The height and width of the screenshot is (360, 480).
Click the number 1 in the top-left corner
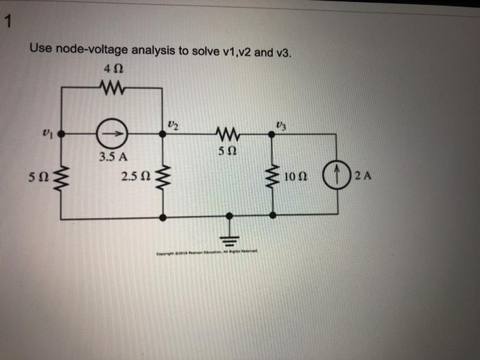point(6,23)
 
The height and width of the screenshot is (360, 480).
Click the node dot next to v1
point(60,136)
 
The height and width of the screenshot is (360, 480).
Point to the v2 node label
point(171,123)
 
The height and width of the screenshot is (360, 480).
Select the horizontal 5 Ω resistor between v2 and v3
point(226,135)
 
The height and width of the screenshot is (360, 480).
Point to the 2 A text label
point(362,178)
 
